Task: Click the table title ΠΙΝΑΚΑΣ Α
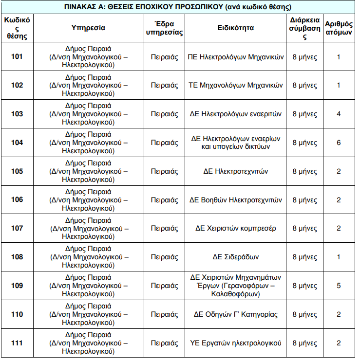pos(178,8)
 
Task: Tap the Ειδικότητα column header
pos(235,28)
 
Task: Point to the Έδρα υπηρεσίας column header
pos(164,28)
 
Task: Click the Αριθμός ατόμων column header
pos(339,28)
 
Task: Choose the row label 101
pos(17,57)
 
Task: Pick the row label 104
pos(17,143)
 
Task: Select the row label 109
pos(17,286)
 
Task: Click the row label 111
pos(17,343)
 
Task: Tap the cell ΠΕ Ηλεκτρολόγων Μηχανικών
pos(235,57)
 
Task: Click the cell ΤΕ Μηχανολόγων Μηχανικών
pos(235,85)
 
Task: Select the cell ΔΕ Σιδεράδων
pos(235,257)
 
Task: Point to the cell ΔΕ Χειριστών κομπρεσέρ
pos(235,228)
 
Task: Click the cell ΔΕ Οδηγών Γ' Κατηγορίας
pos(235,314)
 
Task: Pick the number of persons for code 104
pos(339,143)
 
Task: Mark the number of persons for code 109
pos(339,286)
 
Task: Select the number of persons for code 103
pos(339,114)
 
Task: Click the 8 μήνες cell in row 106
pos(304,200)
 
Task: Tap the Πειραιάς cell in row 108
pos(164,257)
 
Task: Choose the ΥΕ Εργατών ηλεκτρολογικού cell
pos(235,343)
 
